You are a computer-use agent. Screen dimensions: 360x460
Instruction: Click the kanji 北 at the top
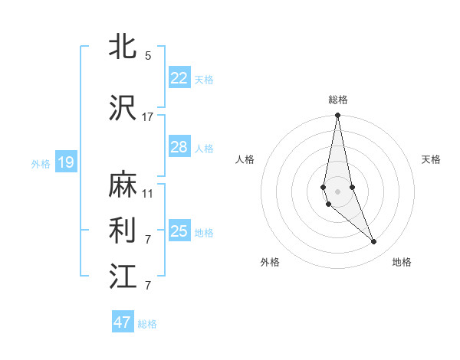pyautogui.click(x=123, y=46)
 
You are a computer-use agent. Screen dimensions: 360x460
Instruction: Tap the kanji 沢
pyautogui.click(x=123, y=107)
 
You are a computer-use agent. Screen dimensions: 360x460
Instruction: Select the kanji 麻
pyautogui.click(x=123, y=185)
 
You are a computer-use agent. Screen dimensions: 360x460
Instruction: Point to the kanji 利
pyautogui.click(x=123, y=231)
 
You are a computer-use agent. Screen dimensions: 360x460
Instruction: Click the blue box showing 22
pyautogui.click(x=179, y=77)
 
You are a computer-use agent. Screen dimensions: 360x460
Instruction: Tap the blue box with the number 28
pyautogui.click(x=179, y=147)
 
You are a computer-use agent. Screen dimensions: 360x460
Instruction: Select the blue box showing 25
pyautogui.click(x=179, y=231)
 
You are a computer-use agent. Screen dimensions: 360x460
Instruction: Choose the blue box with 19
pyautogui.click(x=65, y=162)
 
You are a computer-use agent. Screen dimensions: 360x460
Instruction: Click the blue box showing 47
pyautogui.click(x=123, y=322)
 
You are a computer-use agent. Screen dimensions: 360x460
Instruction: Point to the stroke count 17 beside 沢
pyautogui.click(x=148, y=117)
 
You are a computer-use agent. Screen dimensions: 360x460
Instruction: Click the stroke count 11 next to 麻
pyautogui.click(x=148, y=194)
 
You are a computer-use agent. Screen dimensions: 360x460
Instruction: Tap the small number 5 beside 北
pyautogui.click(x=148, y=56)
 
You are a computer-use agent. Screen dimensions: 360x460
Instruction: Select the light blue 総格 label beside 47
pyautogui.click(x=148, y=324)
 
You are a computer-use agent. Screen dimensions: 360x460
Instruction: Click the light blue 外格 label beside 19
pyautogui.click(x=41, y=163)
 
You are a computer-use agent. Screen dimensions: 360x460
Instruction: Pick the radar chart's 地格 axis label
pyautogui.click(x=402, y=262)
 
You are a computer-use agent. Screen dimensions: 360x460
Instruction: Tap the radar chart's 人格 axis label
pyautogui.click(x=245, y=159)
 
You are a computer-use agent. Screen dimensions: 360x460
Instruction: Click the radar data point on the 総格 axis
pyautogui.click(x=337, y=116)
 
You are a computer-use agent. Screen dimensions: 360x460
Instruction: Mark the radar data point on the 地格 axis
pyautogui.click(x=374, y=242)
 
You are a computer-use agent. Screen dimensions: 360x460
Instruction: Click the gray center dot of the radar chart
pyautogui.click(x=337, y=191)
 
